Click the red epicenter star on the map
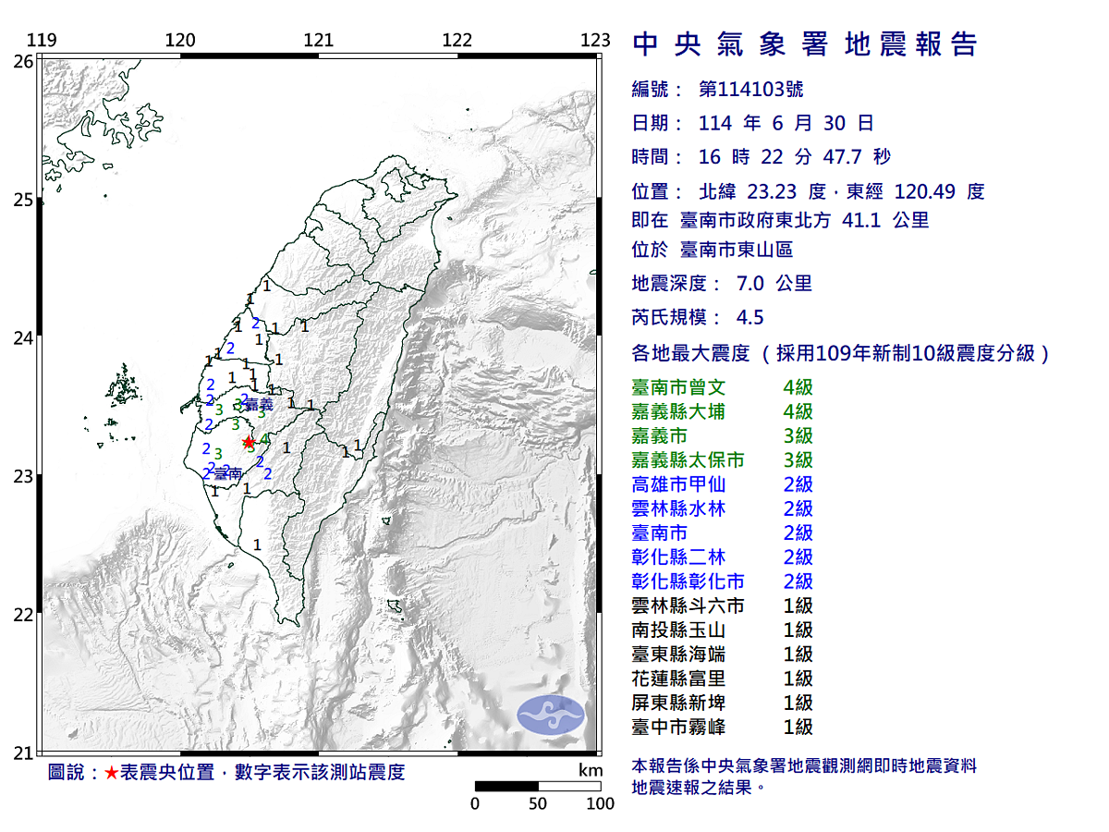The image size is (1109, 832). pyautogui.click(x=248, y=442)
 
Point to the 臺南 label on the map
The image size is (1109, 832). pyautogui.click(x=227, y=473)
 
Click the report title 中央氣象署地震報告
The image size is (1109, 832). pyautogui.click(x=804, y=44)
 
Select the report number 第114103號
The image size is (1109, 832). pyautogui.click(x=750, y=90)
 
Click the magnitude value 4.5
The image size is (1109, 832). pyautogui.click(x=749, y=317)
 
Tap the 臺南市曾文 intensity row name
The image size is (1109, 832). pyautogui.click(x=683, y=387)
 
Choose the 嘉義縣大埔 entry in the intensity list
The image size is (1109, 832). pyautogui.click(x=683, y=411)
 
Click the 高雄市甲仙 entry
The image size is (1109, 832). pyautogui.click(x=683, y=484)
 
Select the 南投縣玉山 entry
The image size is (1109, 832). pyautogui.click(x=683, y=630)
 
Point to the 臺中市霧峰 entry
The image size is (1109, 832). pyautogui.click(x=683, y=727)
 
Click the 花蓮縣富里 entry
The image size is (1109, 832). pyautogui.click(x=683, y=679)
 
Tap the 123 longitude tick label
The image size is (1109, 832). pyautogui.click(x=597, y=40)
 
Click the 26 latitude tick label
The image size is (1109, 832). pyautogui.click(x=24, y=61)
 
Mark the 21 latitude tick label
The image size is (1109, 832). pyautogui.click(x=24, y=752)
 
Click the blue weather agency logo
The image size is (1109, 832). pyautogui.click(x=551, y=715)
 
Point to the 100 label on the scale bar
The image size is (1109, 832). pyautogui.click(x=601, y=803)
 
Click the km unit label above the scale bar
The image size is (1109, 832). pyautogui.click(x=590, y=771)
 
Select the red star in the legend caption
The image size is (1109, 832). pyautogui.click(x=110, y=773)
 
